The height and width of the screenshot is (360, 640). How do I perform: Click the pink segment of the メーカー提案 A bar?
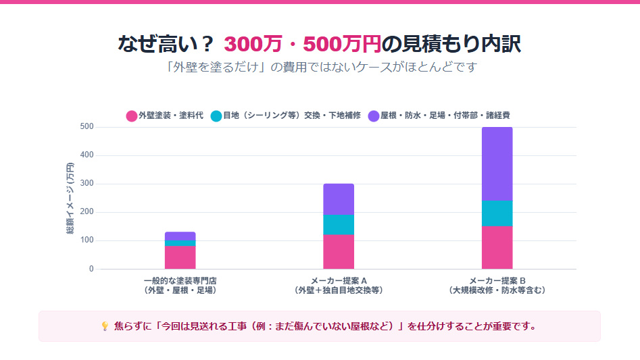pyautogui.click(x=339, y=251)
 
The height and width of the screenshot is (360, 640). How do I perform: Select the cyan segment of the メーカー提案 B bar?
pyautogui.click(x=497, y=213)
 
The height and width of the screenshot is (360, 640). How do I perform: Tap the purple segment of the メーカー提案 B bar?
pyautogui.click(x=497, y=164)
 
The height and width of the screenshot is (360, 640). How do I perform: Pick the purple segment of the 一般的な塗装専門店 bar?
pyautogui.click(x=180, y=236)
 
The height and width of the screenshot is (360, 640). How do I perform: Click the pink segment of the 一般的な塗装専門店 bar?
pyautogui.click(x=180, y=257)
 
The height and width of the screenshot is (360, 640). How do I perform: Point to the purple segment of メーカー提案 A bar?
pyautogui.click(x=339, y=199)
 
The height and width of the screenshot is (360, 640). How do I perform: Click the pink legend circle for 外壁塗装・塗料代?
pyautogui.click(x=132, y=115)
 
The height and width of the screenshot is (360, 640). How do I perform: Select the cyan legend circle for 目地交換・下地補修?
pyautogui.click(x=216, y=115)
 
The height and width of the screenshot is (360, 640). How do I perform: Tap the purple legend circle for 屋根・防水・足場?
pyautogui.click(x=374, y=115)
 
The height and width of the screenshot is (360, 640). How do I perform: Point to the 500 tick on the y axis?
pyautogui.click(x=87, y=127)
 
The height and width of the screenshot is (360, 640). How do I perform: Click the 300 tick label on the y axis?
pyautogui.click(x=87, y=184)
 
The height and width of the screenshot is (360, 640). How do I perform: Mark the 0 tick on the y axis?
pyautogui.click(x=91, y=269)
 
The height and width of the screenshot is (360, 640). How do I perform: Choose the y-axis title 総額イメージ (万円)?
pyautogui.click(x=70, y=199)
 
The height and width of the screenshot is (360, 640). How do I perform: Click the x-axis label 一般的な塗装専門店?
pyautogui.click(x=180, y=280)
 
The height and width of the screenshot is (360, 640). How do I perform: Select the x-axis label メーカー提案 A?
pyautogui.click(x=339, y=280)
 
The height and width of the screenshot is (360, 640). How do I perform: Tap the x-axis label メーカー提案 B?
pyautogui.click(x=497, y=280)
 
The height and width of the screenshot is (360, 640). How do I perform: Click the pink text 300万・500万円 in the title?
pyautogui.click(x=302, y=44)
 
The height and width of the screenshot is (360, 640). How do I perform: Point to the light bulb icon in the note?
pyautogui.click(x=105, y=326)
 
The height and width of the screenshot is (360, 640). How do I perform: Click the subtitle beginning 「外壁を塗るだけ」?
pyautogui.click(x=320, y=68)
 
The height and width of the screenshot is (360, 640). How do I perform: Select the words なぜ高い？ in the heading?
pyautogui.click(x=166, y=44)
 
